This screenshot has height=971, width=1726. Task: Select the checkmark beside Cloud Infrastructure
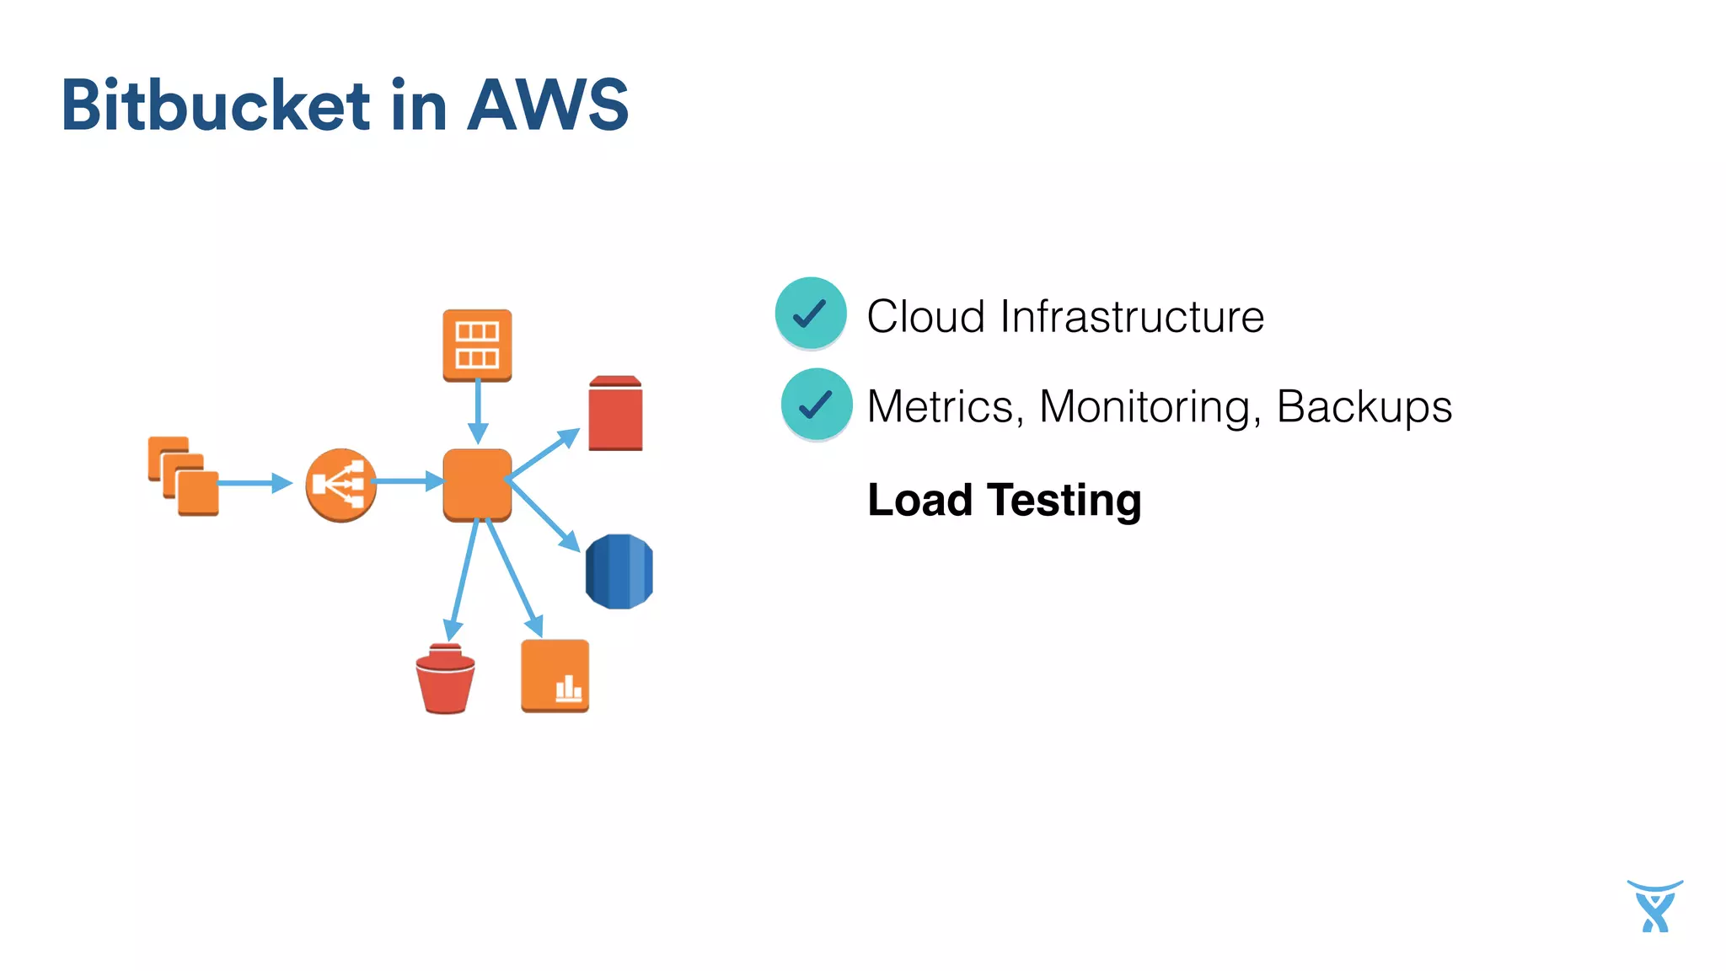click(811, 313)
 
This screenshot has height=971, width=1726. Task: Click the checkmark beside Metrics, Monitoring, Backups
click(816, 405)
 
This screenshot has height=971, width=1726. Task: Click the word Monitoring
click(1150, 407)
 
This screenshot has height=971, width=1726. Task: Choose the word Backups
click(1364, 407)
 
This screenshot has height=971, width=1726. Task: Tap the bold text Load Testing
click(1004, 500)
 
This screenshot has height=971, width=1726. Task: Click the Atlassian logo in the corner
click(1654, 906)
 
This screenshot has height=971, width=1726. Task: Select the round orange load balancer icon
click(340, 485)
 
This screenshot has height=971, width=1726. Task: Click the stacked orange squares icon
click(184, 476)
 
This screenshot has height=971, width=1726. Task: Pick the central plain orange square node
click(477, 484)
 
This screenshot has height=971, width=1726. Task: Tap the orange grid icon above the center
click(477, 344)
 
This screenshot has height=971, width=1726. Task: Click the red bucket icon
click(445, 679)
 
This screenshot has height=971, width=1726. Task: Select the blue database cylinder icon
click(619, 571)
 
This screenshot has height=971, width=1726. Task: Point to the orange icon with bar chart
click(555, 676)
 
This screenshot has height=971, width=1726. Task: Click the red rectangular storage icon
click(615, 414)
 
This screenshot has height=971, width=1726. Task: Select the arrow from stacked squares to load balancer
click(253, 483)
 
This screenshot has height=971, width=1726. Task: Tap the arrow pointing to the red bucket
click(464, 582)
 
